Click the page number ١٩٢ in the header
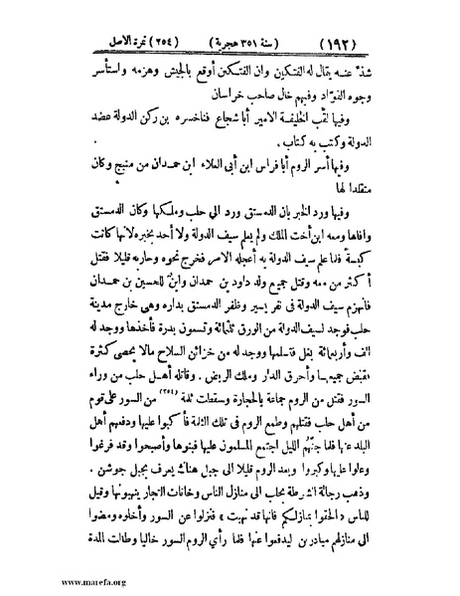tap(397, 42)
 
